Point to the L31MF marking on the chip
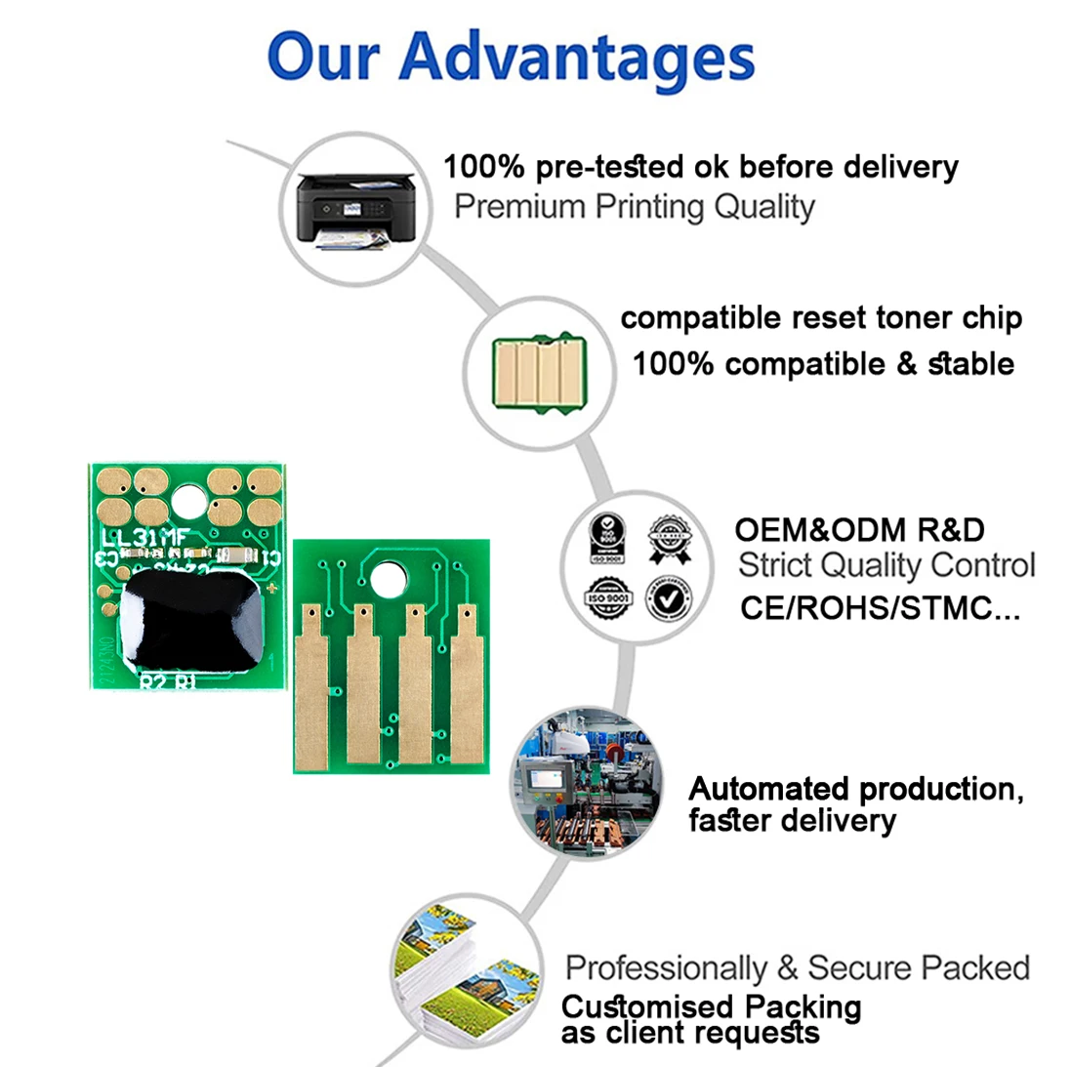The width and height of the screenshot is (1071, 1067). pos(145,538)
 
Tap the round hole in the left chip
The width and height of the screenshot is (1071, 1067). pos(190,503)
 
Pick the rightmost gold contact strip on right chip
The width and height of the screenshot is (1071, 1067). pos(468,683)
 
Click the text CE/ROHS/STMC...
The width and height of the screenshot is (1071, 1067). pos(880,608)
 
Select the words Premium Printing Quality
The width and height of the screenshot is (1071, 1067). pos(635,207)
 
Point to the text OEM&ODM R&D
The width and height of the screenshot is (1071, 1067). pos(859,530)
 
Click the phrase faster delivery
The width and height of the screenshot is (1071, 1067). pos(792,820)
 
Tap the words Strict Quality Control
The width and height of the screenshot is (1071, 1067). pos(886,565)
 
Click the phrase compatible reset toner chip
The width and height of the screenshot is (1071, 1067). pos(821,318)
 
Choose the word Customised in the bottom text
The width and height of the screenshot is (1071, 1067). pos(646,1006)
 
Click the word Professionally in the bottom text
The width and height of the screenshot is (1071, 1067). pos(666,968)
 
